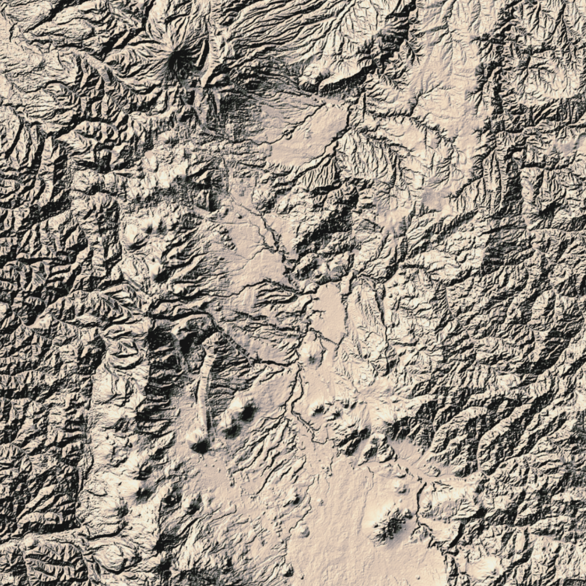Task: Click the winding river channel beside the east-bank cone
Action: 296,403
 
